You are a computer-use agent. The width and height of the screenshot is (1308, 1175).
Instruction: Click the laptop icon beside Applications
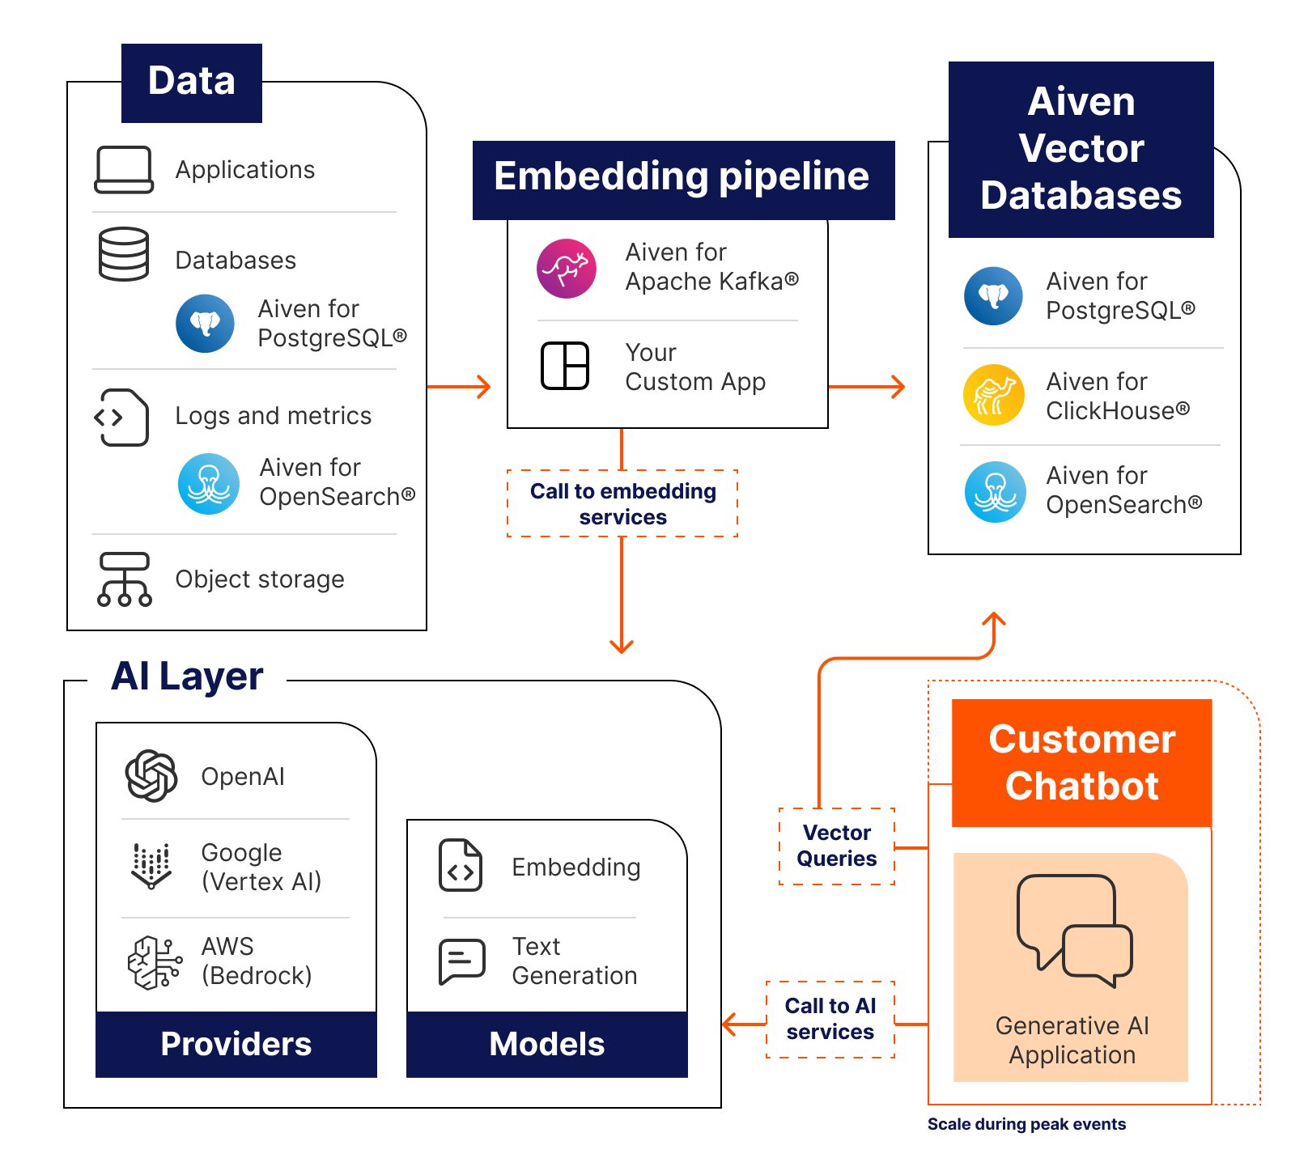coord(124,170)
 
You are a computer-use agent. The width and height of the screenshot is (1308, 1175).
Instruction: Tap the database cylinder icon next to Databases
coord(124,254)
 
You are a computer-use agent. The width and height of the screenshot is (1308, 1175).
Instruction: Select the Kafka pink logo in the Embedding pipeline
coord(567,269)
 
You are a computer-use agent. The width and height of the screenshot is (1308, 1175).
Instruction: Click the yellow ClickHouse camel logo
coord(994,395)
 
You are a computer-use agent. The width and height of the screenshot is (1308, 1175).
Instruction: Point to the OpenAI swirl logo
coord(151,776)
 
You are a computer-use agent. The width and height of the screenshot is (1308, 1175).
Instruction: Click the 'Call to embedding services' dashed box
coord(622,503)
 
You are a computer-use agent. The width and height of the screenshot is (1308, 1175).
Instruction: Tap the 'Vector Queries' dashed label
coord(836,846)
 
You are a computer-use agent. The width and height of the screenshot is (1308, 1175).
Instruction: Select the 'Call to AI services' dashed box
coord(830,1019)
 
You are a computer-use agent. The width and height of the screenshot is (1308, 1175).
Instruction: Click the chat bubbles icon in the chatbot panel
coord(1074,931)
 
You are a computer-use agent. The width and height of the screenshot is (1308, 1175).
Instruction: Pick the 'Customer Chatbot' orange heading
coord(1081,762)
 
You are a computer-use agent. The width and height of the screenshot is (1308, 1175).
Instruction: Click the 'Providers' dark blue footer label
coord(236,1044)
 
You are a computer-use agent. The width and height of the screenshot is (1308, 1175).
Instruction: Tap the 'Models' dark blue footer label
coord(546,1044)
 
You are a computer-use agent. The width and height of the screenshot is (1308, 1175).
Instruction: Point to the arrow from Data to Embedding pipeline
coord(460,387)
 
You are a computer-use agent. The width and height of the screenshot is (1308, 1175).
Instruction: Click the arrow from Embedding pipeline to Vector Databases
coord(867,387)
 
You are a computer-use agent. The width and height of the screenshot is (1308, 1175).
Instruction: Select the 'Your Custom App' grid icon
coord(565,366)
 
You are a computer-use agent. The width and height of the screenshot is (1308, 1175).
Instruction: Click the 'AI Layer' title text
coord(187,677)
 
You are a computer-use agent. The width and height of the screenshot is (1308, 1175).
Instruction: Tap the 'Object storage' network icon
coord(124,579)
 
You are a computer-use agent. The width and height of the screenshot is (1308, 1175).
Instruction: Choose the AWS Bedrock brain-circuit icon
coord(154,962)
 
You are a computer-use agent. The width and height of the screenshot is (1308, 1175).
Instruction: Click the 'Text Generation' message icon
coord(461,961)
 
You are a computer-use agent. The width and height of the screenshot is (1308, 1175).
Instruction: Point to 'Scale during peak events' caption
coord(1026,1124)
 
